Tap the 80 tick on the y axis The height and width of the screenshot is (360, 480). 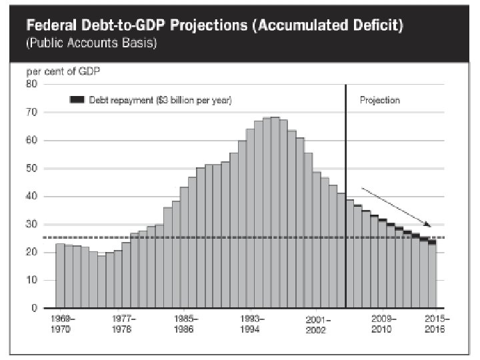(x=31, y=84)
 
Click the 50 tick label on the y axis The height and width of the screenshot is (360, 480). (x=31, y=168)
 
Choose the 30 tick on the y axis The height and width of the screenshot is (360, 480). (x=31, y=224)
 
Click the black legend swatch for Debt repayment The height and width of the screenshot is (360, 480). (x=77, y=100)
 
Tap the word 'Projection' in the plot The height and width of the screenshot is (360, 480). (x=379, y=100)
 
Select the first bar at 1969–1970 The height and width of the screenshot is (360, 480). (x=60, y=276)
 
